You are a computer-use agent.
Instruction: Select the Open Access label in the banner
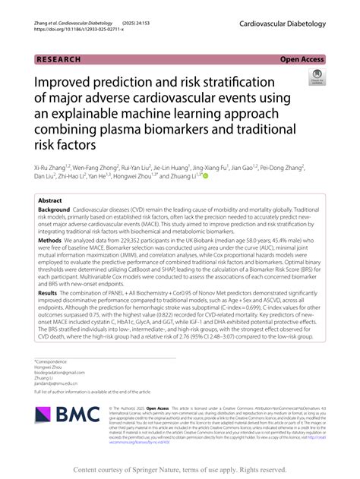click(302, 58)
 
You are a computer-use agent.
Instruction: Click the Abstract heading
click(51, 200)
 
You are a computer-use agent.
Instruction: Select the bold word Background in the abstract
click(54, 209)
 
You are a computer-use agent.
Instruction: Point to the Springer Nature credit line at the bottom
click(179, 471)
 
